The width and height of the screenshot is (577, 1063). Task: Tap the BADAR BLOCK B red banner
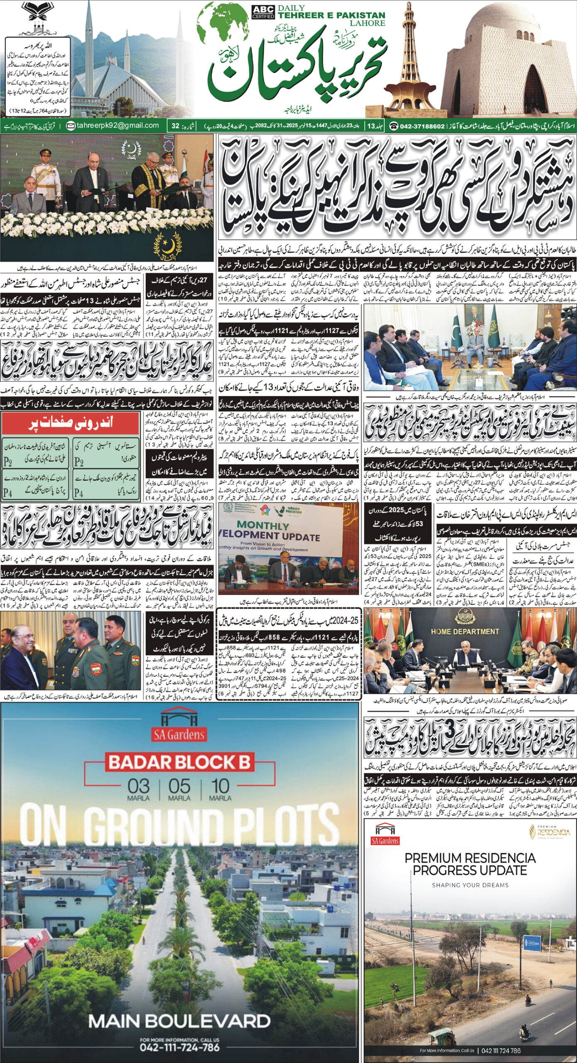pyautogui.click(x=179, y=762)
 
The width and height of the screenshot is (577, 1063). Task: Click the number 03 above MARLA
pyautogui.click(x=138, y=786)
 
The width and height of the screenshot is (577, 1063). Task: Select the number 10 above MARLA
pyautogui.click(x=220, y=786)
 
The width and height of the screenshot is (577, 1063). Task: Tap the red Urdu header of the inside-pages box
pyautogui.click(x=70, y=424)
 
